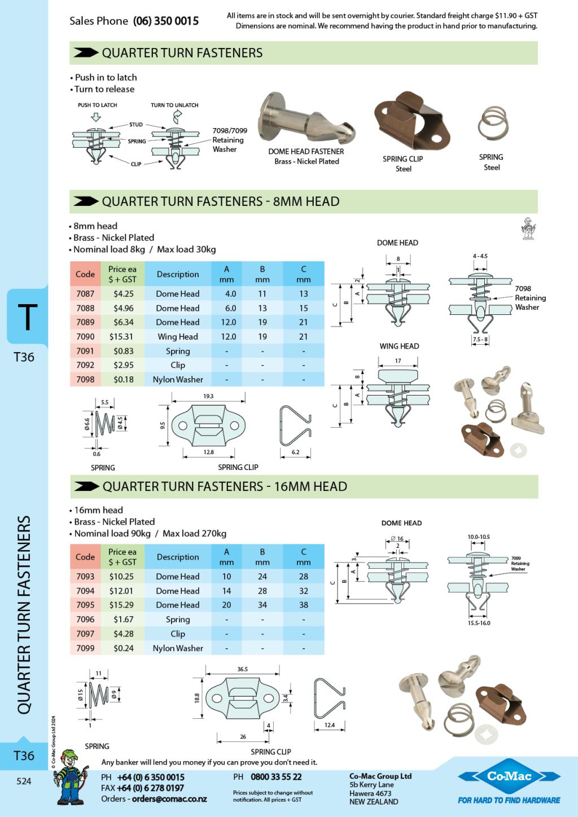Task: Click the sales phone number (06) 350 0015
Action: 165,21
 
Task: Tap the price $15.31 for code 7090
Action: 121,336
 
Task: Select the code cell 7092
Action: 85,365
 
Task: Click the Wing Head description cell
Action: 178,336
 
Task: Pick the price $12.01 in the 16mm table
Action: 121,591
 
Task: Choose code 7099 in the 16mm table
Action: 85,648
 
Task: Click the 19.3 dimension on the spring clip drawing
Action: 208,396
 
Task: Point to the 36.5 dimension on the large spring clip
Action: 243,669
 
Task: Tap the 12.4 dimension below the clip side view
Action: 330,724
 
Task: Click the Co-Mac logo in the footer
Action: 509,776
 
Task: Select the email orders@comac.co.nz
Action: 169,799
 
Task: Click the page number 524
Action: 24,781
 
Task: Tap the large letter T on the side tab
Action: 27,317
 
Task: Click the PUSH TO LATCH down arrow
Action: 95,117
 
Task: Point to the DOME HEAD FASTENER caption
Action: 306,151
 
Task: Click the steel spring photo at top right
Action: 493,122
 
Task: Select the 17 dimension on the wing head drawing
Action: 398,361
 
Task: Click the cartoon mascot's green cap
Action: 69,753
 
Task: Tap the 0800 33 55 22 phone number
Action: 276,777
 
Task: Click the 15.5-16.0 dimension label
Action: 479,623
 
